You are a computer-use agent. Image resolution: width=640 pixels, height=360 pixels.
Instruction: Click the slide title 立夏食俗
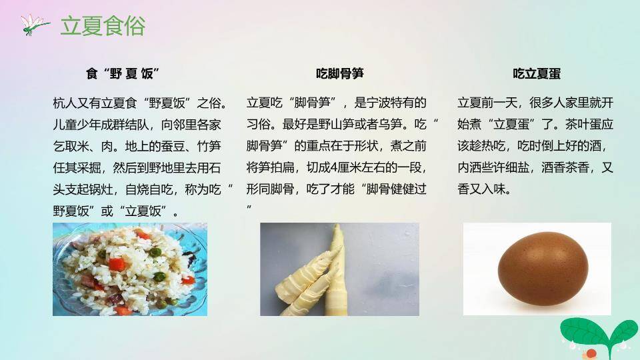pos(103,26)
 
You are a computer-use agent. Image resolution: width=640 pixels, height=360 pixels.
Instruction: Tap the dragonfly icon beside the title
pos(35,25)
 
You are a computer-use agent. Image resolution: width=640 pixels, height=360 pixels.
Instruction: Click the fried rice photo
pos(130,269)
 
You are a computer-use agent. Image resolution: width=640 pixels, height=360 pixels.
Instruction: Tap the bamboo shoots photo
pos(339,269)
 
